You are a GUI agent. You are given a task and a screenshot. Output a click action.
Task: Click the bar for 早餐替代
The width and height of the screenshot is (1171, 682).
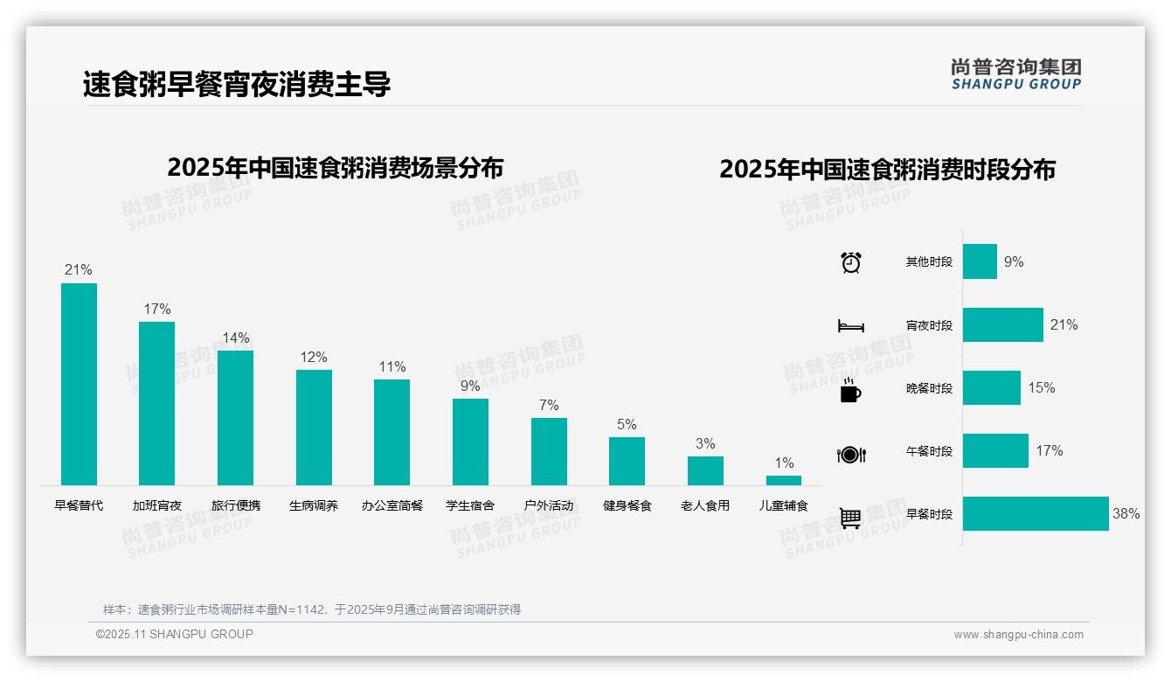(x=79, y=384)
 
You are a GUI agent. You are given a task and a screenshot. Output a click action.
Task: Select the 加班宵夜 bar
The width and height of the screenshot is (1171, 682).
(x=157, y=403)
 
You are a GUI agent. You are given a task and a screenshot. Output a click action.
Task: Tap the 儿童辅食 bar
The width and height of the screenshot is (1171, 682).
(x=784, y=480)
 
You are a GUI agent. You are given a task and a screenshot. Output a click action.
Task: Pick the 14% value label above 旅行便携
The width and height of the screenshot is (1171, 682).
(x=235, y=338)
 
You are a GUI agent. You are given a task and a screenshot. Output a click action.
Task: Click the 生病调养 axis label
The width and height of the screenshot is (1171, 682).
(x=314, y=505)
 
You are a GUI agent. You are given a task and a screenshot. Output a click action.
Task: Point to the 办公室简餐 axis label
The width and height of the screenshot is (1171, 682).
(x=392, y=505)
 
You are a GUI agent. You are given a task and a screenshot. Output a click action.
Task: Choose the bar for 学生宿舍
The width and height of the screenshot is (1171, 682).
(x=470, y=442)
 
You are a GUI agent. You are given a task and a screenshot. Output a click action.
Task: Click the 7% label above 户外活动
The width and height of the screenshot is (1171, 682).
(x=549, y=405)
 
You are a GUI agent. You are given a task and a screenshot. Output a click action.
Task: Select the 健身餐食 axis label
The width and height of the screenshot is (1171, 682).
(x=627, y=505)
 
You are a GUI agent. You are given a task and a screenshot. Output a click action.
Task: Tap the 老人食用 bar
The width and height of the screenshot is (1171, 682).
(x=705, y=470)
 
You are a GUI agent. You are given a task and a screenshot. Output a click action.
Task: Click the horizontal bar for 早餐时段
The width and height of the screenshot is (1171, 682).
(x=1036, y=513)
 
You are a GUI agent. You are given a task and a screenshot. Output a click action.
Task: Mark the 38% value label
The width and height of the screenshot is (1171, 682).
(x=1126, y=514)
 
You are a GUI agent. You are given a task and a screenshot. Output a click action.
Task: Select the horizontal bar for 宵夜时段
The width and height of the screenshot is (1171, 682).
(x=1003, y=324)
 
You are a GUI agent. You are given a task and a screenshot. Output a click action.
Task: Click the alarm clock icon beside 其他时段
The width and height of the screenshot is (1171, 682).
(x=851, y=262)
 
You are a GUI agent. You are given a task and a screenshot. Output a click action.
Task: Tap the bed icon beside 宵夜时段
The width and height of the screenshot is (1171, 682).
(x=851, y=326)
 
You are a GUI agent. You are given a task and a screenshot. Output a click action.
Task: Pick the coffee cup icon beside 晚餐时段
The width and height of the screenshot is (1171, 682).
(x=850, y=390)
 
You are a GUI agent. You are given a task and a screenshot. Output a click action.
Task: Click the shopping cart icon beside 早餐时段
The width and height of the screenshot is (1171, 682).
(x=850, y=518)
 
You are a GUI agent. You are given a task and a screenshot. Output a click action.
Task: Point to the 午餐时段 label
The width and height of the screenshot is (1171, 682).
(x=929, y=451)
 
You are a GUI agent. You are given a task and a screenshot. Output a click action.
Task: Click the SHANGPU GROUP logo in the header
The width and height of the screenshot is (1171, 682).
(x=1016, y=74)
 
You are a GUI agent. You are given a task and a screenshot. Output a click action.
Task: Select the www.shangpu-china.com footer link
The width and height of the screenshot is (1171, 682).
(x=1018, y=635)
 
